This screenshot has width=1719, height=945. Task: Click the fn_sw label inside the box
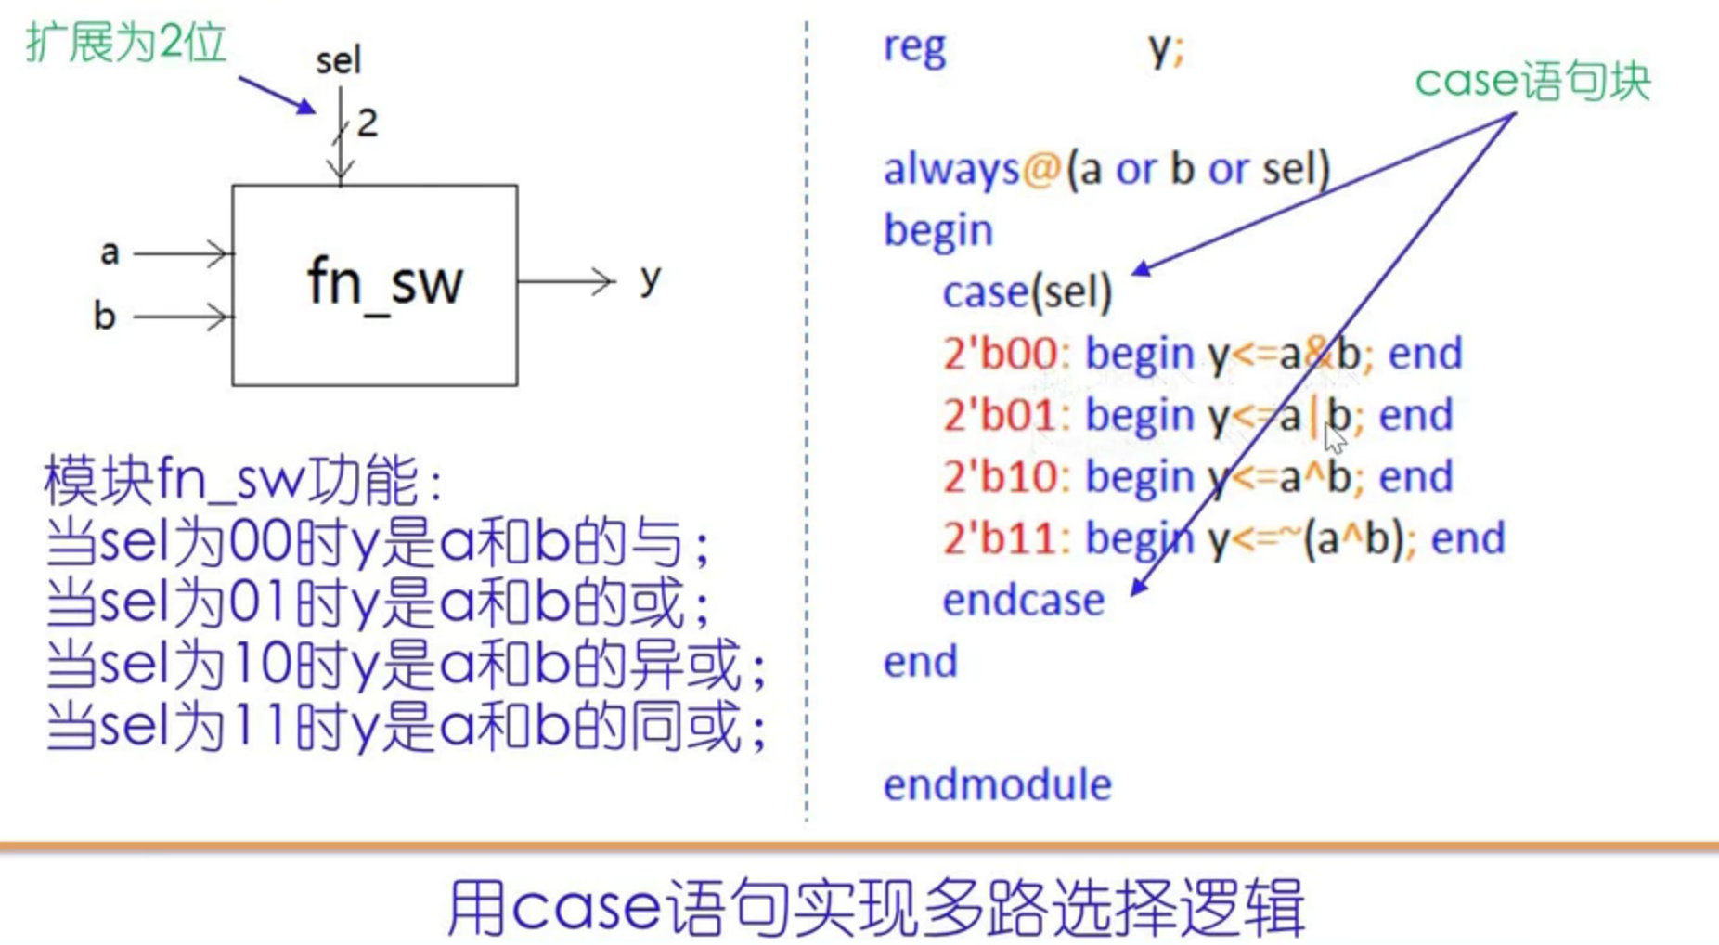tap(384, 282)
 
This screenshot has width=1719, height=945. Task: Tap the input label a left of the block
tap(110, 252)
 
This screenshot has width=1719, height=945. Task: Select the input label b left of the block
tap(104, 317)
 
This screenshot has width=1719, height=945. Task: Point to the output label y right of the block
tap(650, 278)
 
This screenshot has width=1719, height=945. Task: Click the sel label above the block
tap(338, 61)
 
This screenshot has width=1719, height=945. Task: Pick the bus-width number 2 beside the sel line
tap(368, 123)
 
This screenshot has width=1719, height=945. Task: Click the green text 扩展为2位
tap(126, 43)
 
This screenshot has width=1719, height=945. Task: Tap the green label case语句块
tap(1532, 82)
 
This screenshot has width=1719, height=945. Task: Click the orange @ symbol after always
tap(1041, 169)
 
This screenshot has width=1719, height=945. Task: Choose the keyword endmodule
tap(997, 785)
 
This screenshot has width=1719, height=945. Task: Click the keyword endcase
tap(1023, 601)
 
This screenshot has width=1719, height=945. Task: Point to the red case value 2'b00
tap(1000, 354)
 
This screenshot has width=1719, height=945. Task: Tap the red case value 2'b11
tap(1000, 538)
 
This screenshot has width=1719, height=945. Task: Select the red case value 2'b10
tap(1000, 477)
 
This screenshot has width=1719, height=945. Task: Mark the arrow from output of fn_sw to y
tap(566, 280)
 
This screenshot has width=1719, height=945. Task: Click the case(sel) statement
tap(1027, 292)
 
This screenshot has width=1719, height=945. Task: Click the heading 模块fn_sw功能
tap(243, 480)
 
